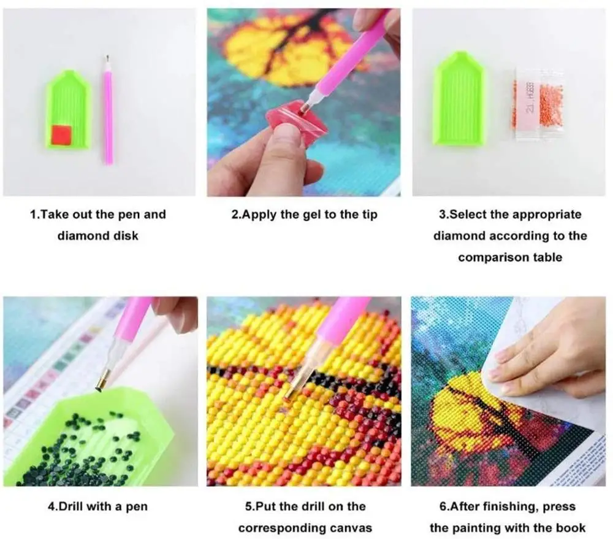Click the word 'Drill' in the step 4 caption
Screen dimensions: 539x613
[x=77, y=506]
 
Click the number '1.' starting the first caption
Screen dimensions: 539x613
[x=36, y=214]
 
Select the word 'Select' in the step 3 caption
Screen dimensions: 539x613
[x=469, y=214]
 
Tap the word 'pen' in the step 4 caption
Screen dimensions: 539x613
[x=137, y=506]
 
